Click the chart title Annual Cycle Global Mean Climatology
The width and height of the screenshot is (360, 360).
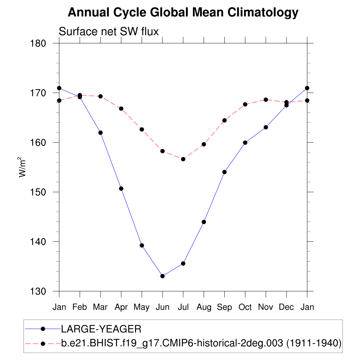183,13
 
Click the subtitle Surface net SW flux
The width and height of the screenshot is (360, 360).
109,32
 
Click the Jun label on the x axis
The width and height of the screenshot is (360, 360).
162,307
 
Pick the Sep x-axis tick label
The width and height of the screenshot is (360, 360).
224,307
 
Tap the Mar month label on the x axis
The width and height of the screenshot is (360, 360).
100,307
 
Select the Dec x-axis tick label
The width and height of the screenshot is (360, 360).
287,307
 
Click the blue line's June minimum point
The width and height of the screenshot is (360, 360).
162,276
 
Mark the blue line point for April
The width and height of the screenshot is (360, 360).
121,188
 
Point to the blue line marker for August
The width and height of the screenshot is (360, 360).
204,222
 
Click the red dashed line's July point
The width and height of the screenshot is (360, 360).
183,159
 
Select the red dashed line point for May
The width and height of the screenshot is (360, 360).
142,129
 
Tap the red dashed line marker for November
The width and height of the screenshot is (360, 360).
266,99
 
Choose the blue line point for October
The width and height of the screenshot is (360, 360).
245,143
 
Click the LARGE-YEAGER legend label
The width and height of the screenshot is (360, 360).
101,329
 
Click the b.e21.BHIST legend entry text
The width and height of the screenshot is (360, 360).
201,343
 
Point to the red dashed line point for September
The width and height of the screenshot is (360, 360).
224,120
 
